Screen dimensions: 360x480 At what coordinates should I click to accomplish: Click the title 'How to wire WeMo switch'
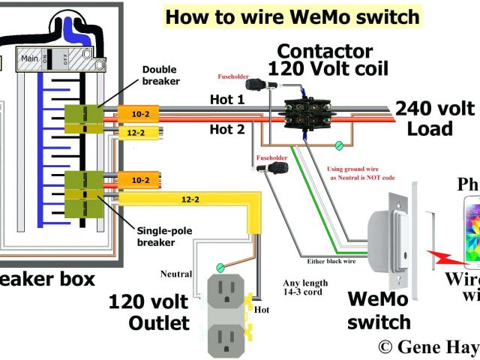[x=282, y=17]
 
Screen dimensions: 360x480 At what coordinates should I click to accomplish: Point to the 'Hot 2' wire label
[x=227, y=130]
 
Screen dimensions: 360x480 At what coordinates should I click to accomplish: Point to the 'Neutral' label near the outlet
[x=176, y=274]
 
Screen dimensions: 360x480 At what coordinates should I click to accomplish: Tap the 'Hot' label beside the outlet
[x=262, y=308]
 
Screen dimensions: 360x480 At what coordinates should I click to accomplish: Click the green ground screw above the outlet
[x=220, y=266]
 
